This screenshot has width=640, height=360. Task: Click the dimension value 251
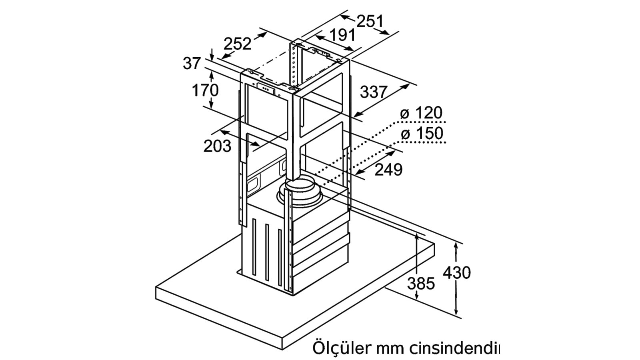[x=370, y=21]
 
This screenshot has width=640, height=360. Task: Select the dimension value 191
[x=342, y=35]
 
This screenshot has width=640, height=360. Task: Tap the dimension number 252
[x=237, y=44]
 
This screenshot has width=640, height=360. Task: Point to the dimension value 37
[x=192, y=63]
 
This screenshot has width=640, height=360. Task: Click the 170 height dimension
[x=205, y=90]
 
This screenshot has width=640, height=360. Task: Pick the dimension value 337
[x=374, y=92]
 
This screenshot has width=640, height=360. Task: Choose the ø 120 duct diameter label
[x=421, y=112]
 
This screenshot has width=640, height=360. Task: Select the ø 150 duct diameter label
[x=422, y=134]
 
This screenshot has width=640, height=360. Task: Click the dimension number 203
[x=217, y=146]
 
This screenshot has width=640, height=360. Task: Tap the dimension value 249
[x=388, y=170]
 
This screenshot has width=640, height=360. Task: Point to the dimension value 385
[x=421, y=284]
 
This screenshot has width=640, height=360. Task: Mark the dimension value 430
[x=456, y=272]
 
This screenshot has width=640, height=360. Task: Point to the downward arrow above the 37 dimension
[x=212, y=54]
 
